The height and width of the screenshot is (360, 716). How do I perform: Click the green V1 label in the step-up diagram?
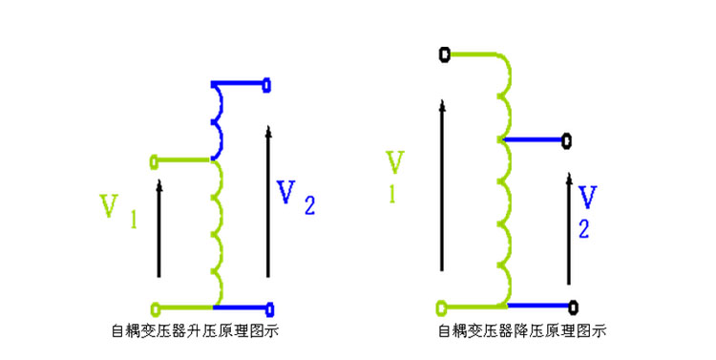118,211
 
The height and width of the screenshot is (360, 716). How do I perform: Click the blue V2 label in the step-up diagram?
296,198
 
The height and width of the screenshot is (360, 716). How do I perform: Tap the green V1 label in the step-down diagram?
394,177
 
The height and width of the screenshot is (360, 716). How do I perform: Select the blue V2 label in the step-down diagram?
587,212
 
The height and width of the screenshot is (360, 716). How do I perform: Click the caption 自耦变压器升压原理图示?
195,330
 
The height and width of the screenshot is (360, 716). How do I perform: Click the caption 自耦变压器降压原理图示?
522,330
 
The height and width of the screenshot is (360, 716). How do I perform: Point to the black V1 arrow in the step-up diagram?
158,228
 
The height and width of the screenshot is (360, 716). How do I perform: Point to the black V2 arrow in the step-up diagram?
268,201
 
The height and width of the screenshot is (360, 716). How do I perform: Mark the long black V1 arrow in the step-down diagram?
442,185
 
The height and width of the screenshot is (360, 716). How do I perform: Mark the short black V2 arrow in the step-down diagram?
569,229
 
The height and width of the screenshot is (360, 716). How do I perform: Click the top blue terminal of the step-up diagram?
267,85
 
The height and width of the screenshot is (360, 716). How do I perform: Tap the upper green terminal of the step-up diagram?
154,161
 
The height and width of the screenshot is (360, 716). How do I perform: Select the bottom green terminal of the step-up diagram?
156,308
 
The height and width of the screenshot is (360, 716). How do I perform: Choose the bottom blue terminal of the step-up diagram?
270,309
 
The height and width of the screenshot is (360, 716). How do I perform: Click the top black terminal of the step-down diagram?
444,54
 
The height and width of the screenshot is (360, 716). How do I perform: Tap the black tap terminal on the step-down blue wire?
566,141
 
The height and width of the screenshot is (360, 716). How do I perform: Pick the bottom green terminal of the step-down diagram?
442,308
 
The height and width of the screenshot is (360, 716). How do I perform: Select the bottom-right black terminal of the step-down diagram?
574,307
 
